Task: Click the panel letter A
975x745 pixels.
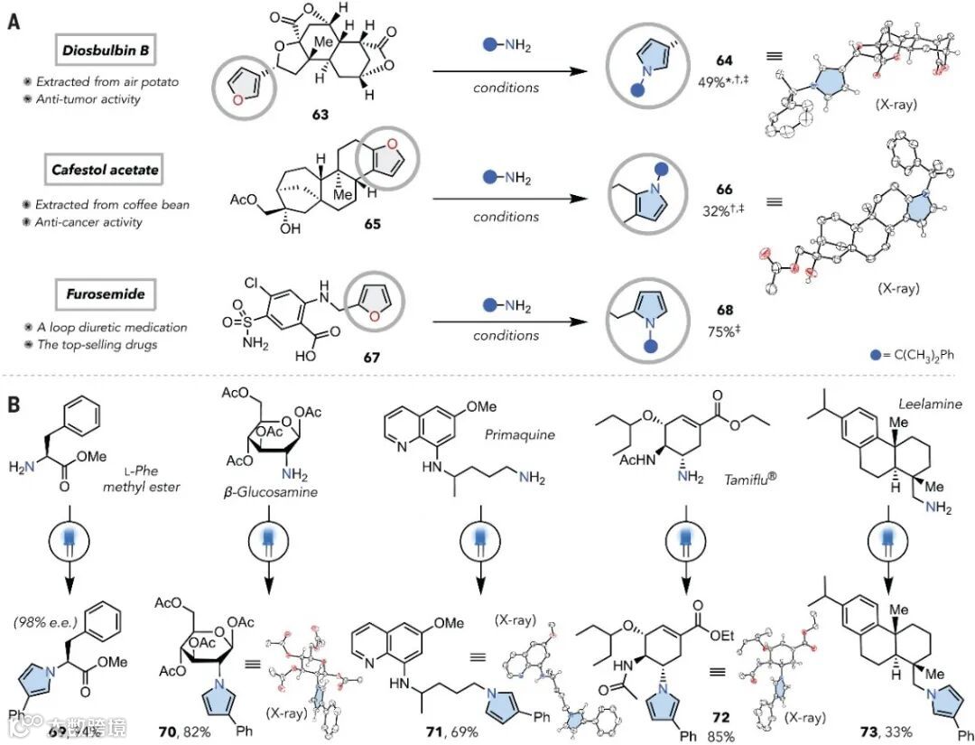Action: (x=14, y=21)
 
